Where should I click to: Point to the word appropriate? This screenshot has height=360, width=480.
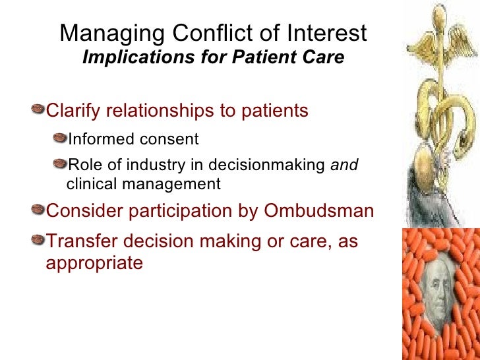point(94,264)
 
